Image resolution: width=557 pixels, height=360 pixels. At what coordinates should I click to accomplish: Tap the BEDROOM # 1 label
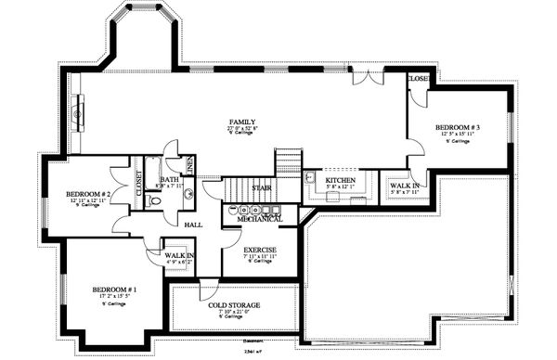click(115, 290)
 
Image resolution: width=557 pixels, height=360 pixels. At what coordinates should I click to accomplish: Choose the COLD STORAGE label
click(234, 304)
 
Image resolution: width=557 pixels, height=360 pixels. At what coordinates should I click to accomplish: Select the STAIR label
click(261, 188)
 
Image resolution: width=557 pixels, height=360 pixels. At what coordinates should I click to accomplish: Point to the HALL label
click(193, 225)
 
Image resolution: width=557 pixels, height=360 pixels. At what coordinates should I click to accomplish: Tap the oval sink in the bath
click(188, 194)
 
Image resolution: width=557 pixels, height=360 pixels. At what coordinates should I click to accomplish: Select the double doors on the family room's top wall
click(370, 74)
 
